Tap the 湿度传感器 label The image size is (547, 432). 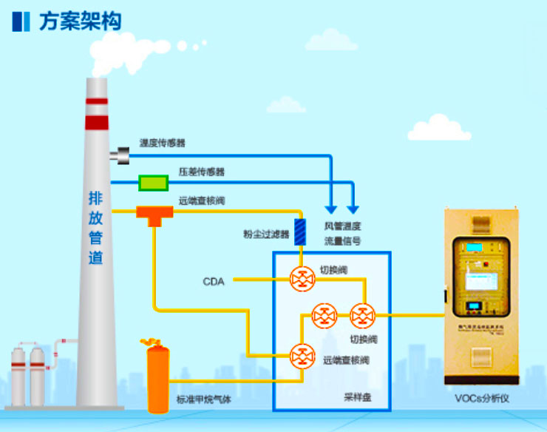[x=163, y=142]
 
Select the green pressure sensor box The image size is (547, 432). [x=154, y=182]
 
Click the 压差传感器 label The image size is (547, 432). [x=202, y=172]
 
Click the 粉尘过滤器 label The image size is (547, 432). [x=266, y=234]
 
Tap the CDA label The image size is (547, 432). [x=214, y=281]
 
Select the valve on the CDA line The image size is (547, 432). [x=302, y=280]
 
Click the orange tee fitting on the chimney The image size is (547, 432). [x=154, y=214]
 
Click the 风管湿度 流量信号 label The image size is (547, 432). [x=342, y=233]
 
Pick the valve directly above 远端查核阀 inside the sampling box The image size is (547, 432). [x=323, y=317]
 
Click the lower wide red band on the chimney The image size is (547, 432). [x=96, y=122]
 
